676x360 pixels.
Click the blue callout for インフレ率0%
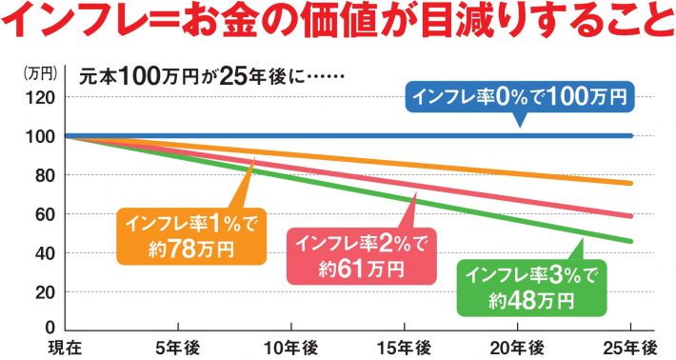pos(520,97)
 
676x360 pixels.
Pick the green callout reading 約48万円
pos(531,288)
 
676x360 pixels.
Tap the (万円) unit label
pos(41,72)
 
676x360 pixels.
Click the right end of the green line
pos(631,241)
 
